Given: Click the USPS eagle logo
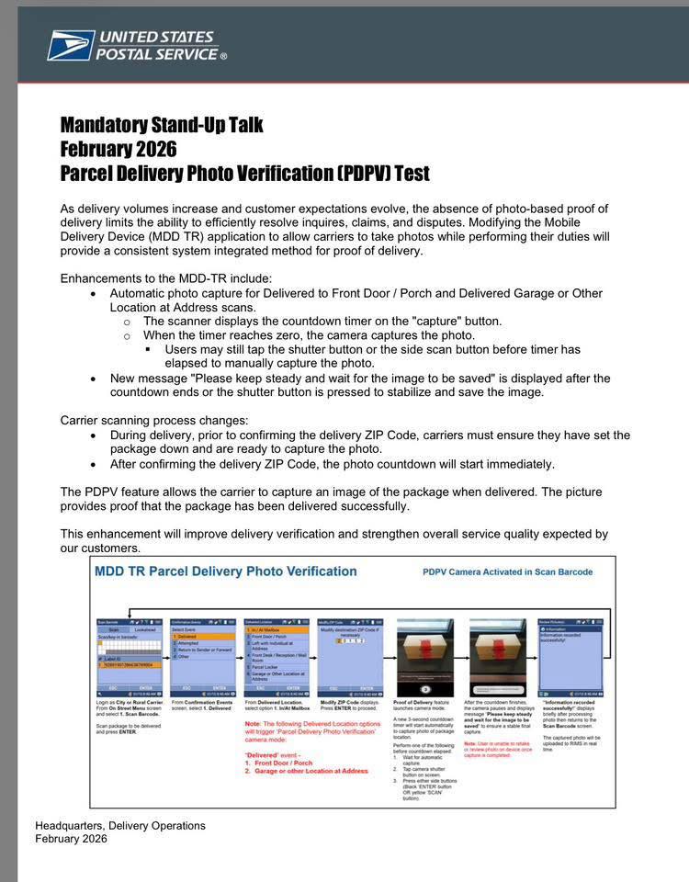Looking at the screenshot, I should [x=71, y=45].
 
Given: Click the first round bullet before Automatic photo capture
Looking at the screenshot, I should [x=93, y=294].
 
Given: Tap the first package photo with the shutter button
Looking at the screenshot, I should [x=424, y=656].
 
